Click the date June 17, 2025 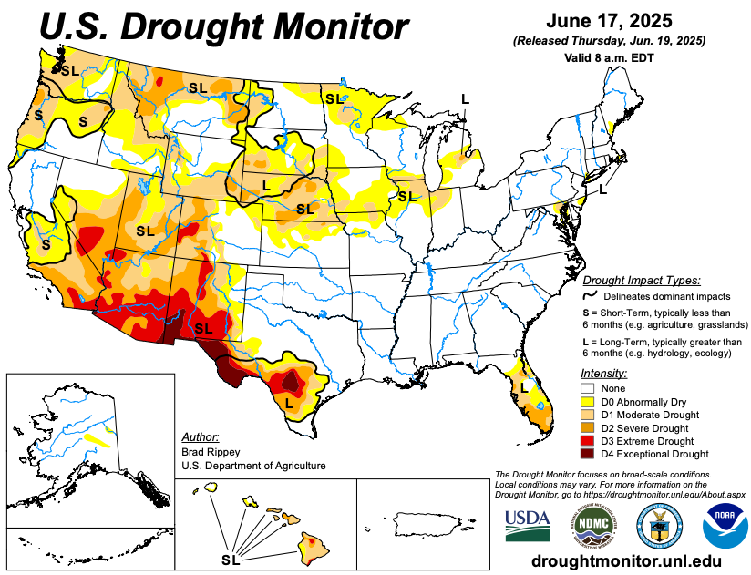coord(610,21)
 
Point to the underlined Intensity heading coord(603,374)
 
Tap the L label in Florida coord(523,388)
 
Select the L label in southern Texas coord(288,402)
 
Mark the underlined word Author coord(200,437)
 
